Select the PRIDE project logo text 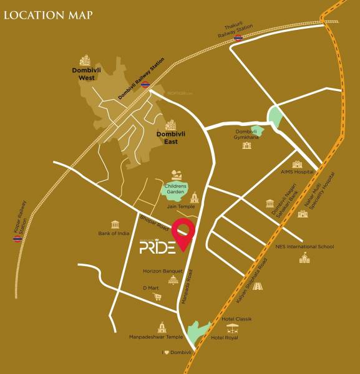pyautogui.click(x=158, y=248)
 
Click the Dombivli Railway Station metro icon pyautogui.click(x=145, y=85)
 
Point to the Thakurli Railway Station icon pyautogui.click(x=238, y=39)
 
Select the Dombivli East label pyautogui.click(x=167, y=138)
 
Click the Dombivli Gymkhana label pyautogui.click(x=247, y=134)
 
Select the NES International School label pyautogui.click(x=305, y=246)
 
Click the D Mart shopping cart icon pyautogui.click(x=158, y=297)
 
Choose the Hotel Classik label pyautogui.click(x=236, y=319)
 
